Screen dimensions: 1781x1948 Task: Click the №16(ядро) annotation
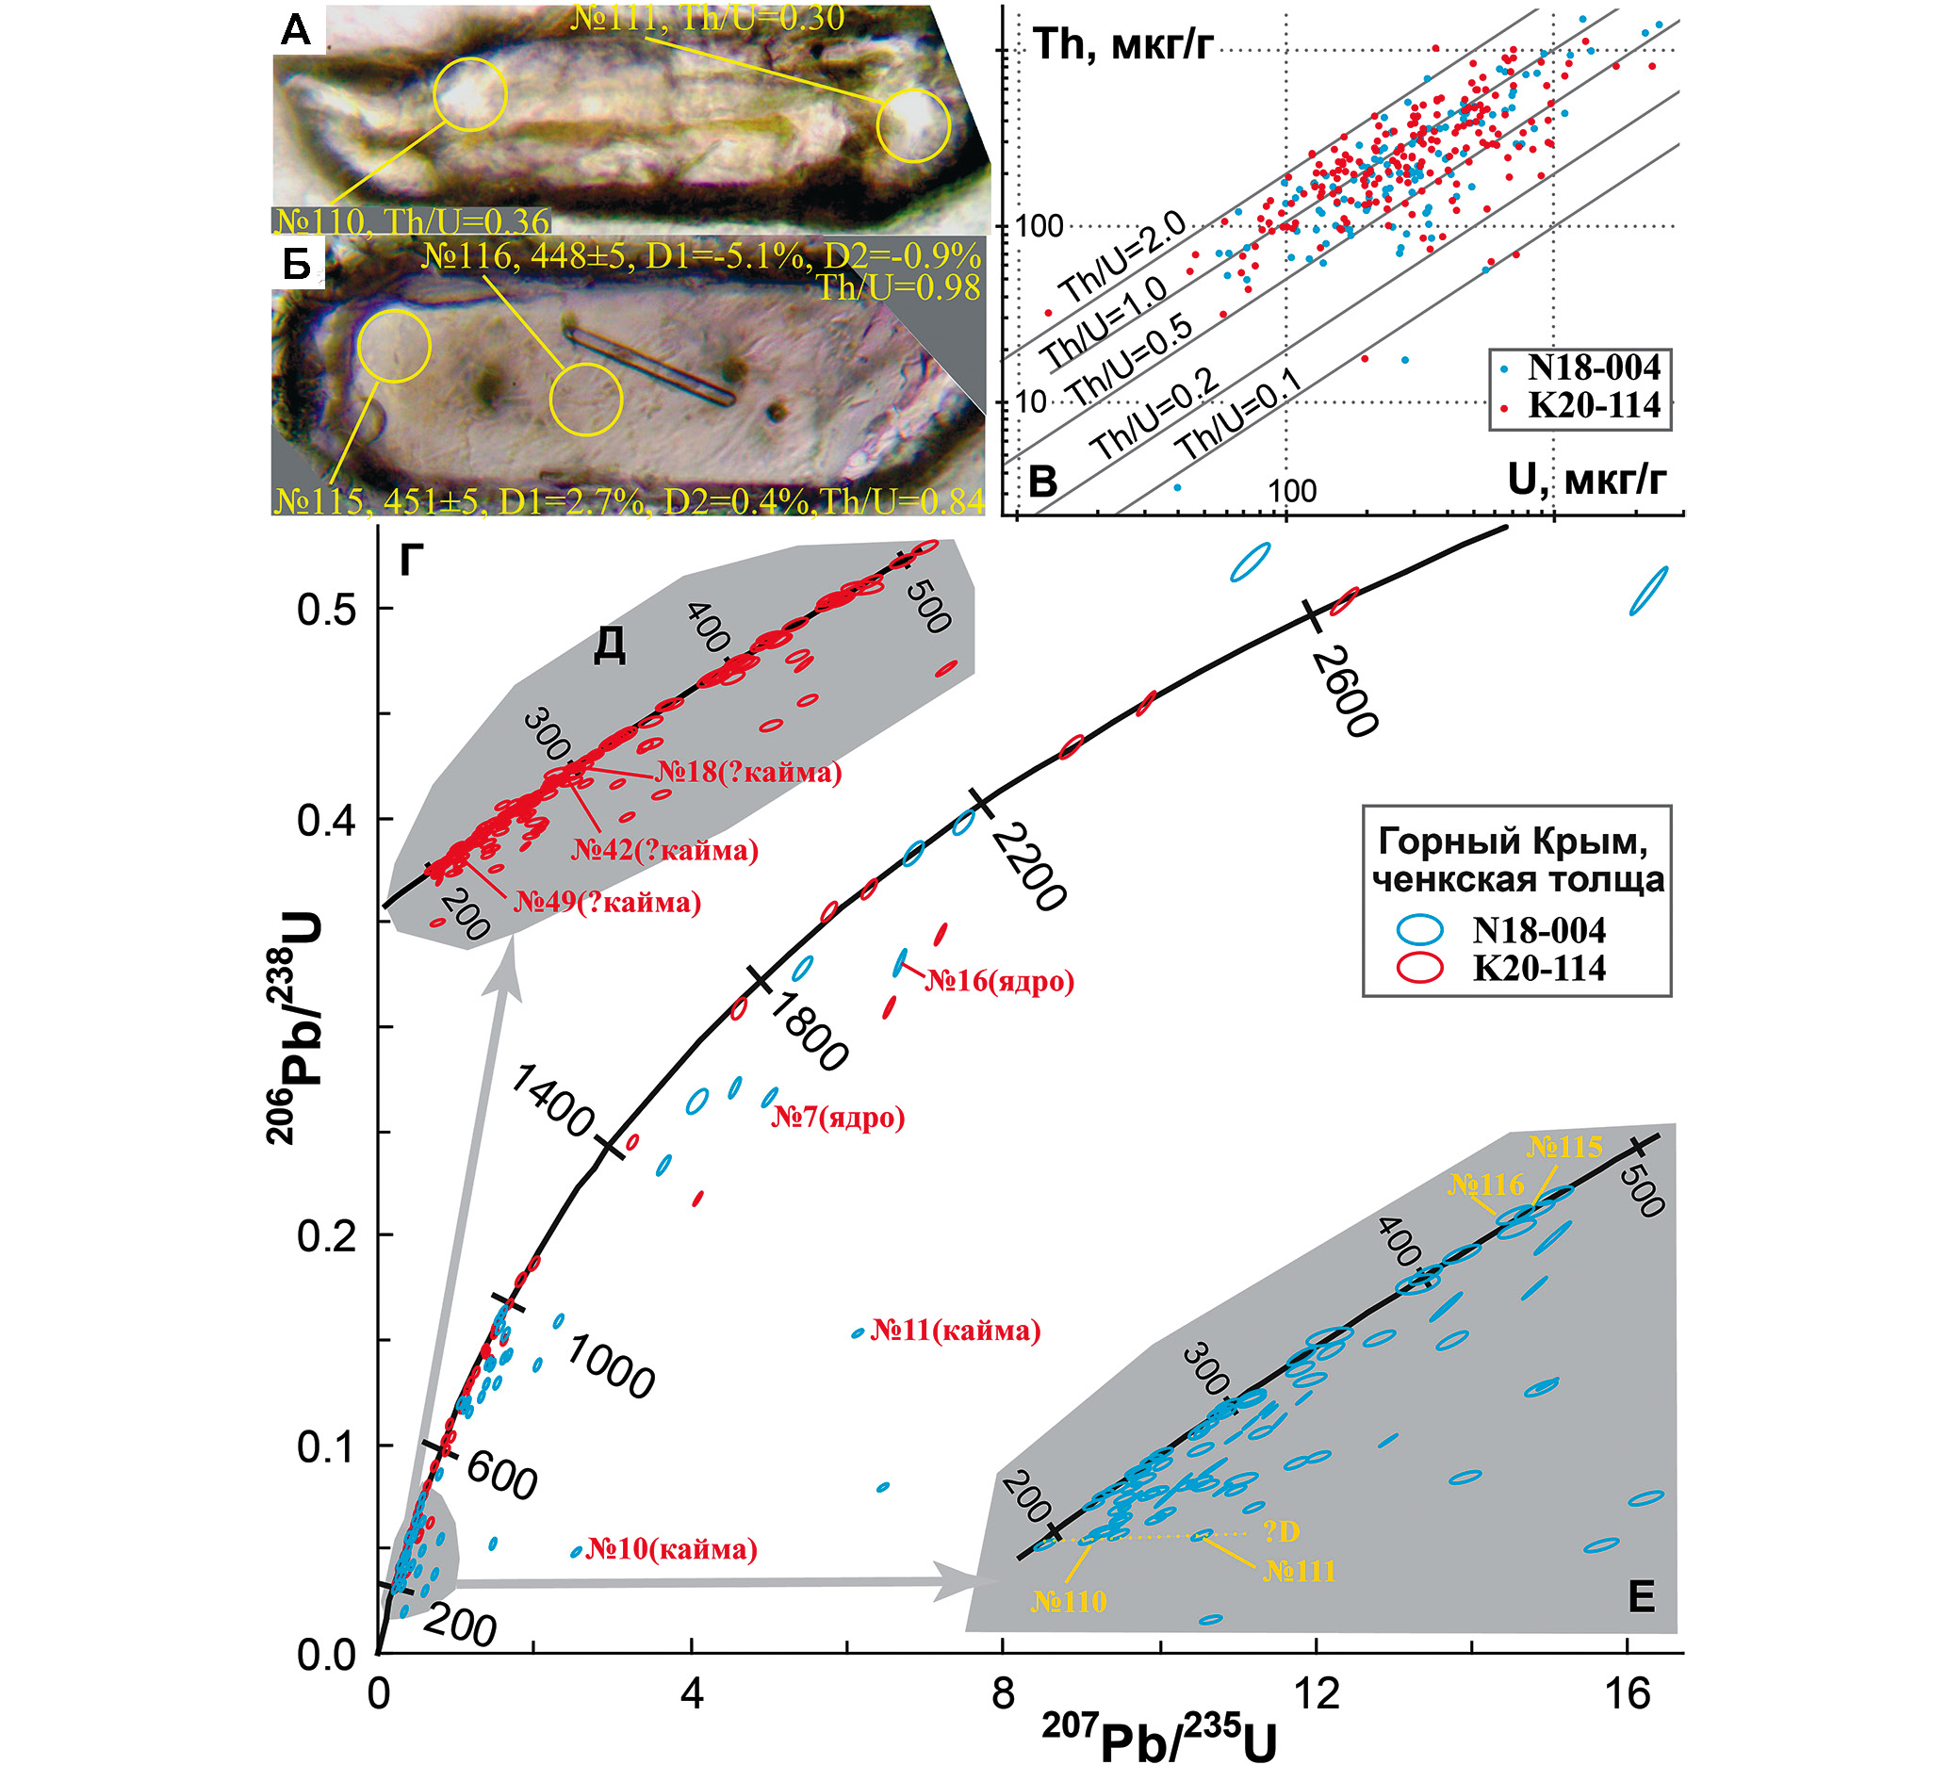[1000, 982]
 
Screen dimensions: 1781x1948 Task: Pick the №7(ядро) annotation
[838, 1119]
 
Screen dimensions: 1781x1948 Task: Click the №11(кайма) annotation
[956, 1331]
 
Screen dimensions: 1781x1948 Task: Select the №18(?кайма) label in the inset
[749, 772]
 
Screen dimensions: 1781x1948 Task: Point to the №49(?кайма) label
[608, 903]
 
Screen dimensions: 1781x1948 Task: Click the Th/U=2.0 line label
[1121, 258]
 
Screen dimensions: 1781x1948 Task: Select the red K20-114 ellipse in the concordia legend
[1418, 968]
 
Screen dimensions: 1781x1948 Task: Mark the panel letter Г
[413, 561]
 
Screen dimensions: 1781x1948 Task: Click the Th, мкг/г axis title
[1121, 44]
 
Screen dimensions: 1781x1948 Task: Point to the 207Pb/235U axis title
[1158, 1740]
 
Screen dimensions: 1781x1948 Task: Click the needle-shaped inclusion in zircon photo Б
[650, 366]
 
